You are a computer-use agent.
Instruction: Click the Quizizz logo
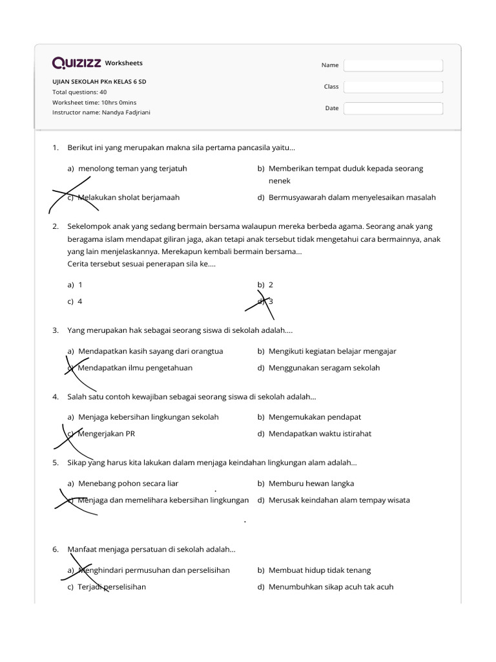coord(76,63)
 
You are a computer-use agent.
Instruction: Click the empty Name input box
coord(393,65)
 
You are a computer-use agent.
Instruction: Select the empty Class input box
coord(393,87)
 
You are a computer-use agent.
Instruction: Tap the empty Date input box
coord(393,109)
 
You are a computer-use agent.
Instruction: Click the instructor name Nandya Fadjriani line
coord(101,112)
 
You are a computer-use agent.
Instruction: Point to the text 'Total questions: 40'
coord(79,92)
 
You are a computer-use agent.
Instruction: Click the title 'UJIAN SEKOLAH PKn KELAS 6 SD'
coord(103,82)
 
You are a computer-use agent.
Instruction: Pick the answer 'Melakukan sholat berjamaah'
coord(128,198)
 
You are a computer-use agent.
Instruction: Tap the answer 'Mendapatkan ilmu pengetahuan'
coord(135,368)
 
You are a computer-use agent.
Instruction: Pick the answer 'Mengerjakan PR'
coord(107,434)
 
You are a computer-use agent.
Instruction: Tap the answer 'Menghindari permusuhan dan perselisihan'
coord(154,570)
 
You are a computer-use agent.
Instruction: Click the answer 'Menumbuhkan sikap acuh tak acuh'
coord(331,587)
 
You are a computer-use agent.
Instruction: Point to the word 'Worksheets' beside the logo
coord(123,63)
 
